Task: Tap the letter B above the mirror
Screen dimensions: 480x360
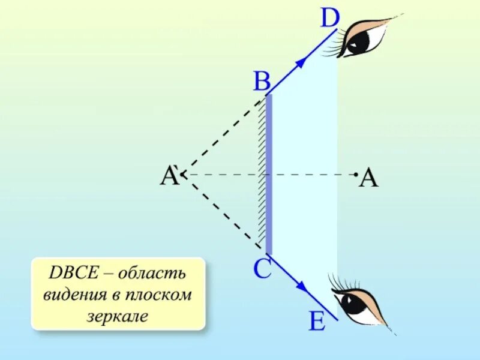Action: click(262, 81)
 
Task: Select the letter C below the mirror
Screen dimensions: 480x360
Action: click(263, 269)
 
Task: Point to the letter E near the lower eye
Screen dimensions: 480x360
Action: click(317, 322)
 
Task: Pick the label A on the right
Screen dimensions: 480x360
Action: click(369, 179)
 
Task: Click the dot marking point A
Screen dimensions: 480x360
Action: click(356, 174)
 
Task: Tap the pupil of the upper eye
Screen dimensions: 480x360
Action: click(361, 40)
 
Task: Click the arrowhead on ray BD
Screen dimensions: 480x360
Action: click(307, 58)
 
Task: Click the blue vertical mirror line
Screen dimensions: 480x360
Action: click(269, 174)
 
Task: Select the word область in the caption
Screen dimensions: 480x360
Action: click(152, 275)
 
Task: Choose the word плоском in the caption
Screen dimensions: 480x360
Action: click(161, 295)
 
